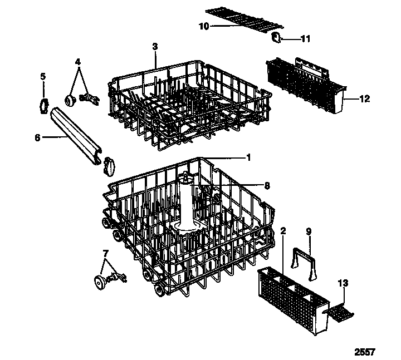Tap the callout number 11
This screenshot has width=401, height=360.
pyautogui.click(x=306, y=39)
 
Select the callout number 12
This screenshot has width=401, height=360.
pyautogui.click(x=364, y=99)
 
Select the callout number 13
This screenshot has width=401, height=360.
pyautogui.click(x=345, y=284)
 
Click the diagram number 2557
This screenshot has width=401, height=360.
pyautogui.click(x=365, y=352)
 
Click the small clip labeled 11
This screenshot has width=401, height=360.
pyautogui.click(x=276, y=37)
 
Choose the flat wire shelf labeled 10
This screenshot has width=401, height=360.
pyautogui.click(x=242, y=18)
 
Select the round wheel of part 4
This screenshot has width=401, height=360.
pyautogui.click(x=71, y=100)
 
